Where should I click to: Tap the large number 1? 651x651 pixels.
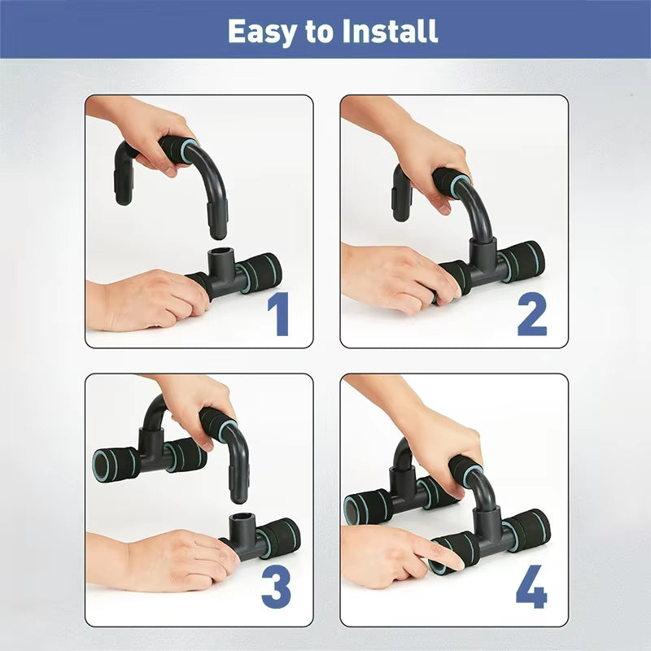pos(280,314)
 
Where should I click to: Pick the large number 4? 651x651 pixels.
pos(531,587)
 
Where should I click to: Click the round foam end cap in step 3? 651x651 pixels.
pos(105,465)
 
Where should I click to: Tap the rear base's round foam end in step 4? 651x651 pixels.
pos(356,509)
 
